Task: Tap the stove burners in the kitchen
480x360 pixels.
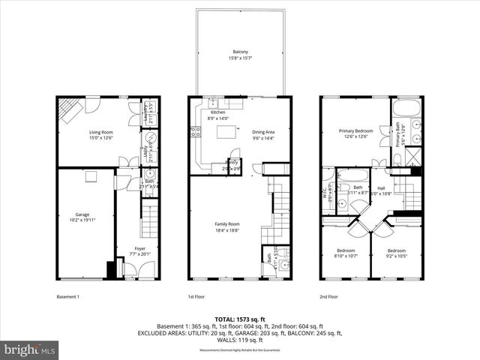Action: click(x=195, y=132)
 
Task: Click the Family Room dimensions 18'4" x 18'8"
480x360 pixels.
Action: click(x=229, y=230)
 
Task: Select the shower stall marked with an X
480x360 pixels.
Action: click(x=412, y=155)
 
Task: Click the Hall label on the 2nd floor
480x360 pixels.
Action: click(x=381, y=188)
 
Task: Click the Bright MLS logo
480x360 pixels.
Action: click(x=30, y=349)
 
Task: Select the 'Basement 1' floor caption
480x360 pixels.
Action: click(x=68, y=296)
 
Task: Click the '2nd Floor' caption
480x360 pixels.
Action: click(x=328, y=296)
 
